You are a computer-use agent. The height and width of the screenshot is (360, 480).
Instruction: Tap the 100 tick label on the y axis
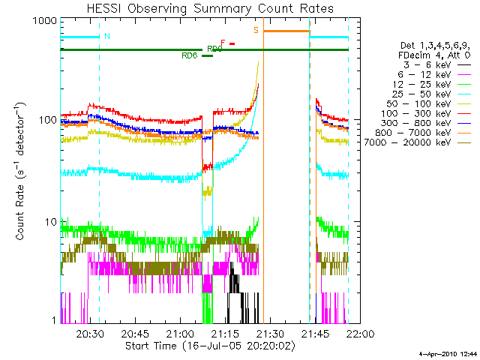tap(47, 121)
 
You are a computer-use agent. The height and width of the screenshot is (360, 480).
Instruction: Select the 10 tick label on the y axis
tap(50, 222)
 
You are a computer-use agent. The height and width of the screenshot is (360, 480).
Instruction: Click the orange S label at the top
tap(256, 31)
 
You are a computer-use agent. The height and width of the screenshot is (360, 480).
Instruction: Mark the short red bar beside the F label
tap(232, 43)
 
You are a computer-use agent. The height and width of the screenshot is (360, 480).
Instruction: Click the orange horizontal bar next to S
tap(286, 31)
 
